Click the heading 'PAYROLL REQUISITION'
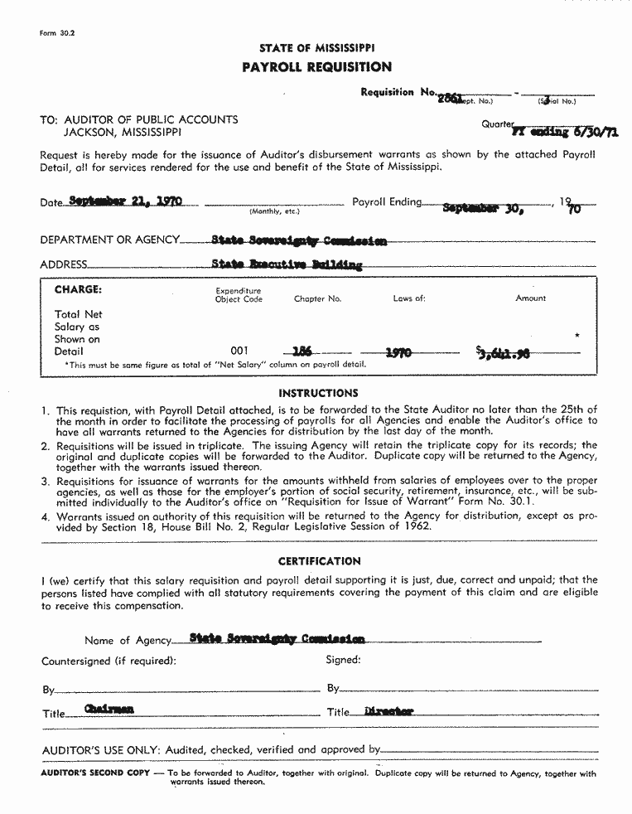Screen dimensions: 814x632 (317, 67)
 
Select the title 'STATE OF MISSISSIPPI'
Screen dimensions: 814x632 (317, 49)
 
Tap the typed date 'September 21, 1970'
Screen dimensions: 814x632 (126, 201)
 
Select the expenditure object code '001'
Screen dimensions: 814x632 (239, 351)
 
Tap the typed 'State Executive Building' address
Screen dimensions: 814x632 (287, 265)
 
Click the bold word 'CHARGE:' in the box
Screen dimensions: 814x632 (78, 290)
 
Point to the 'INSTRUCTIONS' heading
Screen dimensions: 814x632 (318, 393)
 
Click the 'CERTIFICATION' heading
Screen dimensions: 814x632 (319, 561)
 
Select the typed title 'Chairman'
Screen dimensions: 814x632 (109, 710)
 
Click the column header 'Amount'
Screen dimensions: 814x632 (530, 298)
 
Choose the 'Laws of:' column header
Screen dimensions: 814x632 (409, 298)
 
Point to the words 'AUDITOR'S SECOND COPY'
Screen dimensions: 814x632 (95, 773)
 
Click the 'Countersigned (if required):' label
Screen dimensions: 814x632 (109, 661)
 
